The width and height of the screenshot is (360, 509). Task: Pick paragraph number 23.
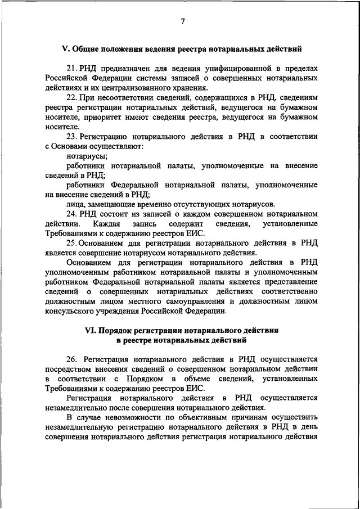coord(71,137)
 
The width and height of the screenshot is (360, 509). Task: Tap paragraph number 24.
coord(71,214)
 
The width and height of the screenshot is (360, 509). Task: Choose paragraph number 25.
coord(71,244)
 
